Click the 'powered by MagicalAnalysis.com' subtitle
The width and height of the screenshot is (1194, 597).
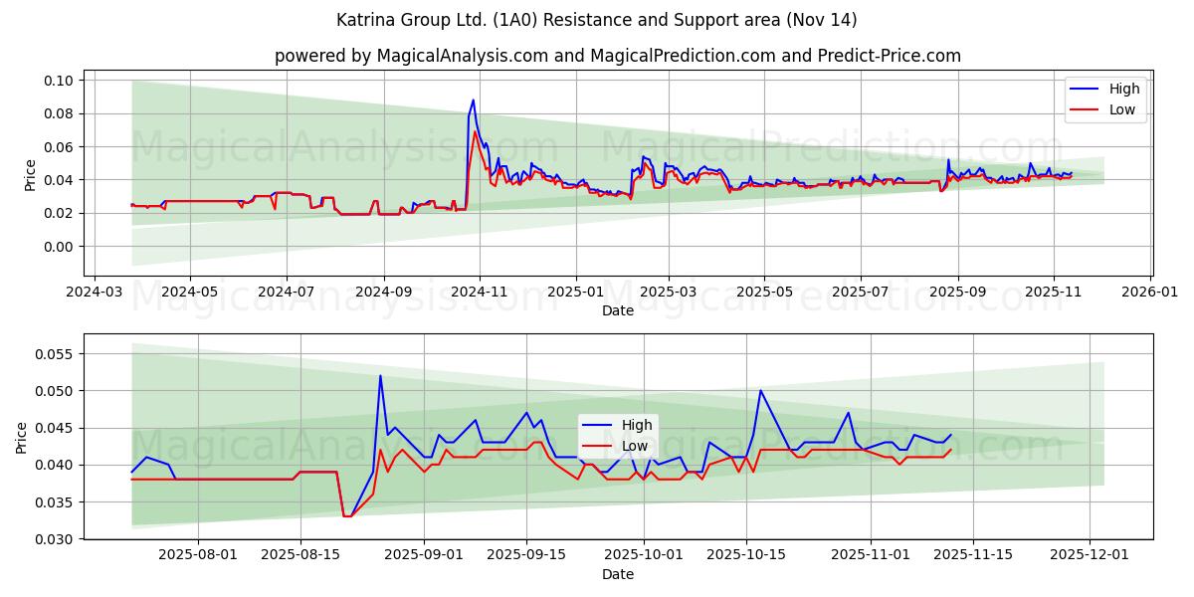coord(618,56)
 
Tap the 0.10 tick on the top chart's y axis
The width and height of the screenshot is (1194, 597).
coord(59,81)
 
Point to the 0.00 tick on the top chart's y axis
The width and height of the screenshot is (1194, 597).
coord(59,247)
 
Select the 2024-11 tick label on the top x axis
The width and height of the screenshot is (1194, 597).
coord(480,293)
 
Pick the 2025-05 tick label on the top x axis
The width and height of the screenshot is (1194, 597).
coord(764,293)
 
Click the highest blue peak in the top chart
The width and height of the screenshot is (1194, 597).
coord(474,99)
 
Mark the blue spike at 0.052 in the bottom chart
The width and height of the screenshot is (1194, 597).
coord(380,375)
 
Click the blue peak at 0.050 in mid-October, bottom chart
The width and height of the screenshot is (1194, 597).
coord(760,390)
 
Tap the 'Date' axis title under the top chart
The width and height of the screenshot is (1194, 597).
coord(618,310)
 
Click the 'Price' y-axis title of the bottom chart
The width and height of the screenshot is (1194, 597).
coord(22,437)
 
